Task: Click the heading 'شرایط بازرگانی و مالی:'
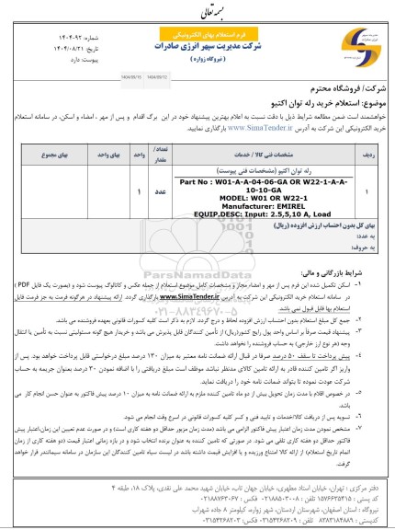point(355,262)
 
